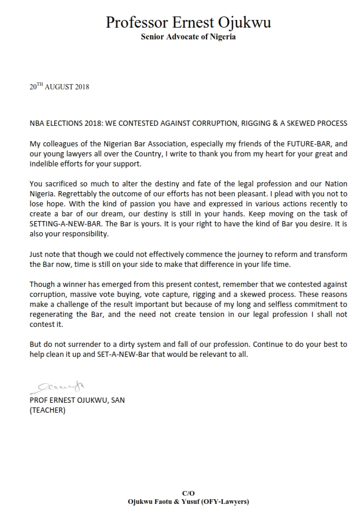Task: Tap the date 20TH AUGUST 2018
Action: click(59, 87)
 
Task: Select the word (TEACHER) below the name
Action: click(48, 410)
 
